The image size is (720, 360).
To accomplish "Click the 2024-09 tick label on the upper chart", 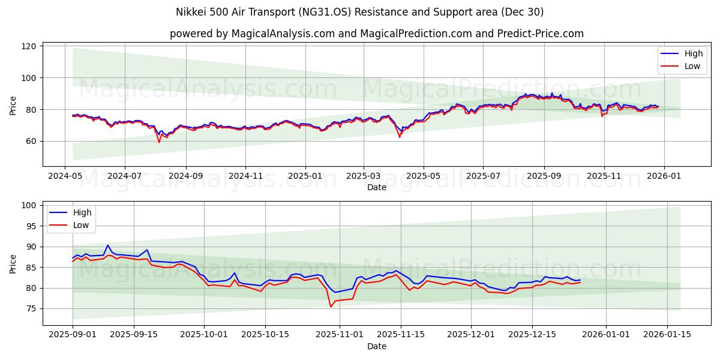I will [x=185, y=176].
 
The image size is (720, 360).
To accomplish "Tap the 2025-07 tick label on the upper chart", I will [x=484, y=176].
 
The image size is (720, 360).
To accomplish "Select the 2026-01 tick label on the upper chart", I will [x=664, y=176].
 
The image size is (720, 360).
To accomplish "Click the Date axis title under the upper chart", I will [x=376, y=187].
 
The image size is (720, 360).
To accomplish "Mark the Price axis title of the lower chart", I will [x=13, y=263].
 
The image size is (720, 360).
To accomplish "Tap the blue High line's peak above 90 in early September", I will [x=108, y=245].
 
